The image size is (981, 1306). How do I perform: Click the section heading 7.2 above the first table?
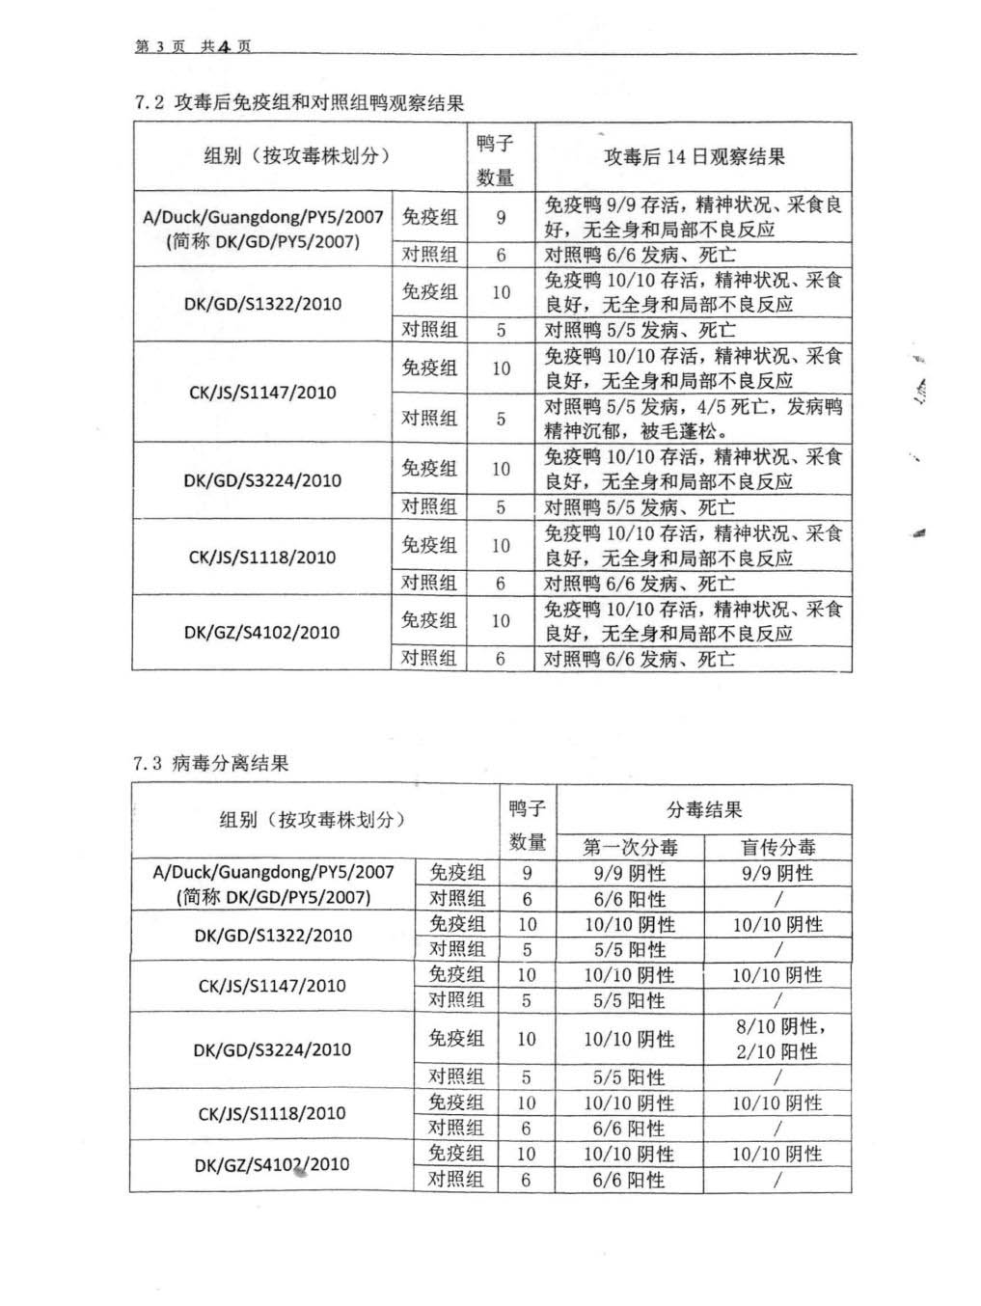(x=299, y=102)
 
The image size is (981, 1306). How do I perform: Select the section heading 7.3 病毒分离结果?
(x=211, y=764)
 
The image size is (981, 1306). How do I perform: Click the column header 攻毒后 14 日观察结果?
(x=694, y=156)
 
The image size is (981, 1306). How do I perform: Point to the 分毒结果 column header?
(x=704, y=809)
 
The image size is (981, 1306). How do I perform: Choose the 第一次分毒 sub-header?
(x=630, y=847)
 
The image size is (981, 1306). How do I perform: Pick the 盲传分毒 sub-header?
(x=777, y=847)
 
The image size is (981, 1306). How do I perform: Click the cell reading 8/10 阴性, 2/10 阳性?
(x=777, y=1039)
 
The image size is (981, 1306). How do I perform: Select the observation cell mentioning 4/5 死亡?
(x=693, y=419)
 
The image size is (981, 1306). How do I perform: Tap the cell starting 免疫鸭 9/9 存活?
(x=693, y=216)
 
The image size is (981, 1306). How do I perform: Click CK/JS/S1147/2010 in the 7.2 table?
(x=261, y=393)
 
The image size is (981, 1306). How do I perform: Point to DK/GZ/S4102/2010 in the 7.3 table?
(x=272, y=1165)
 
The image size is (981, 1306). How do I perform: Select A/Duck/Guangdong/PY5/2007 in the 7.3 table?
(x=273, y=872)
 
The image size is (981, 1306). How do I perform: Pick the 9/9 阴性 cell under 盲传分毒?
(x=777, y=873)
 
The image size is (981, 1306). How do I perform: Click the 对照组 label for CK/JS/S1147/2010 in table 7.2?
(x=429, y=419)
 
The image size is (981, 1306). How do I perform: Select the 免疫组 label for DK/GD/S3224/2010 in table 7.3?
(x=456, y=1038)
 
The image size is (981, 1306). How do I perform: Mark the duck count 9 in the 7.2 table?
(x=501, y=217)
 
